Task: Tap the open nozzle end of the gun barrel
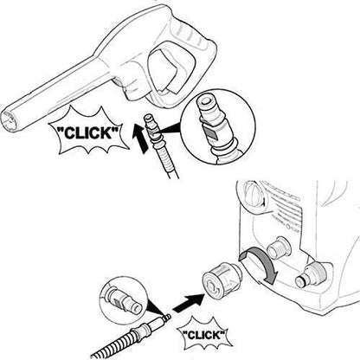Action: point(10,122)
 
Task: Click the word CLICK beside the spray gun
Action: point(88,133)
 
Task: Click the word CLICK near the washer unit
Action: point(204,335)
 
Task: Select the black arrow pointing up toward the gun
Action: point(140,138)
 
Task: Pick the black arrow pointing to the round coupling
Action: point(189,303)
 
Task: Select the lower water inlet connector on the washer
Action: point(309,274)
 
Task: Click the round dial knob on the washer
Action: point(254,193)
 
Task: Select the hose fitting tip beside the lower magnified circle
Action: point(166,318)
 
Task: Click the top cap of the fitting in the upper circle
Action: point(205,101)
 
